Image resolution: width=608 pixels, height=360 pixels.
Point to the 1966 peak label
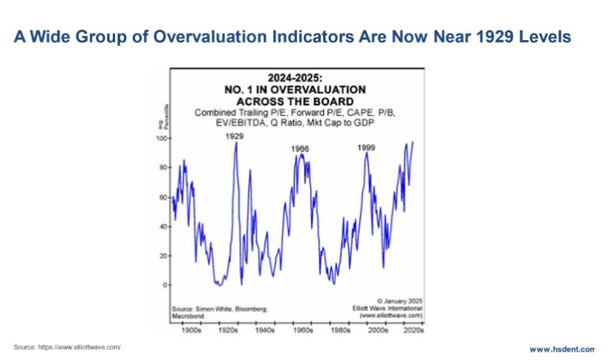pyautogui.click(x=300, y=149)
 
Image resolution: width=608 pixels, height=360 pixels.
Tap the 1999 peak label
pyautogui.click(x=366, y=148)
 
